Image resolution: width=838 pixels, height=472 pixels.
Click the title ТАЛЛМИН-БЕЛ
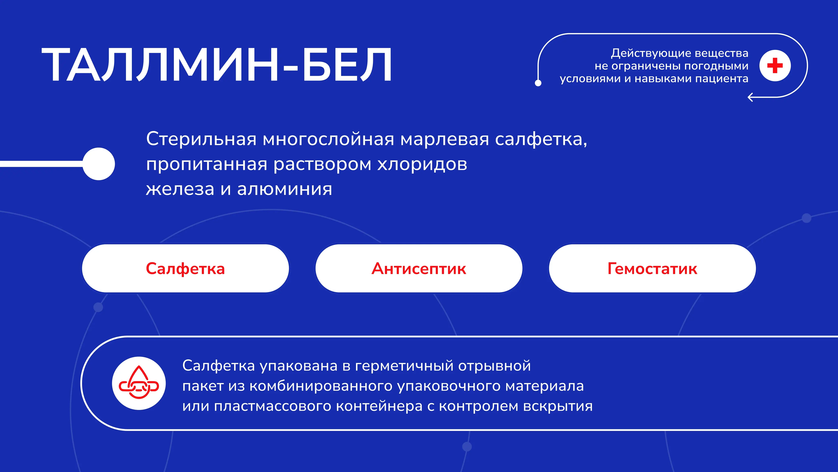[217, 65]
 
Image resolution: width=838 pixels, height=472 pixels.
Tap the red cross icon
[775, 66]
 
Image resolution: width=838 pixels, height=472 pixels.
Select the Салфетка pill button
[185, 268]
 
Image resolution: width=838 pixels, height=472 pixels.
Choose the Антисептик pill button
[419, 268]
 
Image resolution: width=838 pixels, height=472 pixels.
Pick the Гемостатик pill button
[652, 268]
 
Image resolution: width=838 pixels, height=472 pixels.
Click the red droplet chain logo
[139, 383]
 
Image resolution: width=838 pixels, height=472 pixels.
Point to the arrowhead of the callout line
[750, 97]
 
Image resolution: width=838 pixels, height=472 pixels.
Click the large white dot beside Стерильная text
[99, 164]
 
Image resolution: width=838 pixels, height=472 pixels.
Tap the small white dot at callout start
[538, 83]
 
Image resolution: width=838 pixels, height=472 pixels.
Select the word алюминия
[285, 189]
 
